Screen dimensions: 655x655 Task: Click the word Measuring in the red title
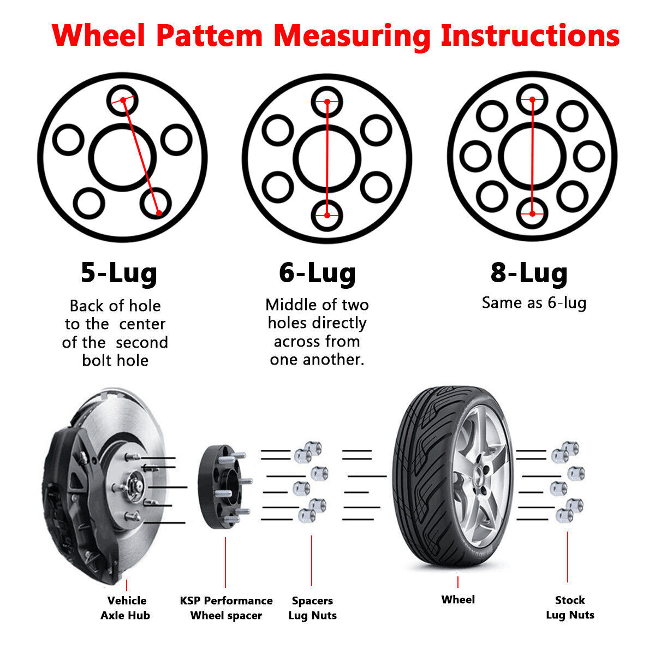352,35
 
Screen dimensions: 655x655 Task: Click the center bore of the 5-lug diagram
122,157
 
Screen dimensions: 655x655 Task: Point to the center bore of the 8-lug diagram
532,157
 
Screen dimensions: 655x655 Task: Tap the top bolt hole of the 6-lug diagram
327,102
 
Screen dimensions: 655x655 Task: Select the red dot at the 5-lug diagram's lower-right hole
159,212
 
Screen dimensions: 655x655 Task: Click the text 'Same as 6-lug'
534,302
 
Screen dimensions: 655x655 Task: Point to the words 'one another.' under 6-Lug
317,360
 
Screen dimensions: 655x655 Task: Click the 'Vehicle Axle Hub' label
126,608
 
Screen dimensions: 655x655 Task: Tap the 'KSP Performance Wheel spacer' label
226,608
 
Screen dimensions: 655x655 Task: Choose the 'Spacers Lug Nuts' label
312,608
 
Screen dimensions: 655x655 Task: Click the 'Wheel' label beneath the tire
458,599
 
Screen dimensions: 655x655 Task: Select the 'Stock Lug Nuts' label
570,608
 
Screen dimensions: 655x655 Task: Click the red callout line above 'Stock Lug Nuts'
568,557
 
